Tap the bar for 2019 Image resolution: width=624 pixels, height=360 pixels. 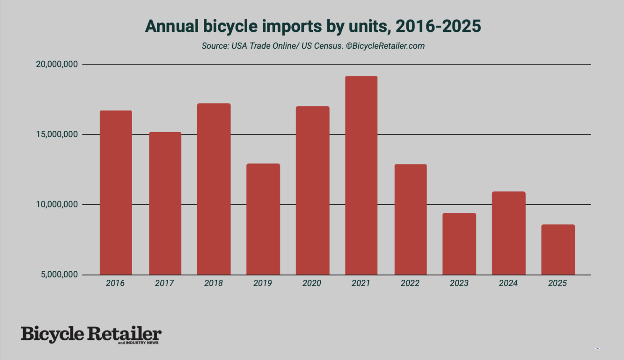coord(263,219)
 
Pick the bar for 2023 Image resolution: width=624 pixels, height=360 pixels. coord(459,244)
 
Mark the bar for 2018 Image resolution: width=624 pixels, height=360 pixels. coord(214,189)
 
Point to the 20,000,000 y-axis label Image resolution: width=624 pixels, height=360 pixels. coord(57,64)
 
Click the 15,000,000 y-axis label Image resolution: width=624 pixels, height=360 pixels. coord(57,135)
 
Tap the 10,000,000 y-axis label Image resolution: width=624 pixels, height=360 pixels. coord(57,205)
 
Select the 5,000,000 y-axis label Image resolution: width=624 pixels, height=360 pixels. coord(59,275)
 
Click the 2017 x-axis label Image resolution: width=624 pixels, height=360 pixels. coord(164,283)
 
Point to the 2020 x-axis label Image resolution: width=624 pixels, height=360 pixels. coord(312,283)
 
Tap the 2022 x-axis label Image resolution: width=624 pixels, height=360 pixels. coord(410,283)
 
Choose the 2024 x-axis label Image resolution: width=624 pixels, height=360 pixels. coord(508,283)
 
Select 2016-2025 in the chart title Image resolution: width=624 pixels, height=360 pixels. coord(438,26)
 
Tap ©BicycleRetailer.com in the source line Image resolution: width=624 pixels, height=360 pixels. coord(385,46)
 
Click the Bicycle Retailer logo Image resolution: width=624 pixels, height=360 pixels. coord(91,335)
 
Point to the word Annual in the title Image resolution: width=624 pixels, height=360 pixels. coord(172,26)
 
